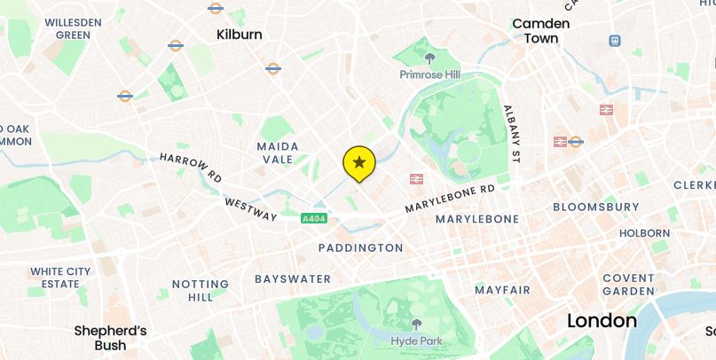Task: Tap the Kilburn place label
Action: [240, 35]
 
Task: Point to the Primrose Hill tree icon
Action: [430, 58]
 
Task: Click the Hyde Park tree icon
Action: [415, 325]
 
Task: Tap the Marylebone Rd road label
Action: [450, 198]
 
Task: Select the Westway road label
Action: [251, 209]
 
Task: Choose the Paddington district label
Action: [360, 247]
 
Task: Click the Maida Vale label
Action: [278, 153]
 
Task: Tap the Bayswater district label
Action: [293, 278]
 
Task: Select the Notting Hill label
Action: [200, 290]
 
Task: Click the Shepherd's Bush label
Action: [110, 338]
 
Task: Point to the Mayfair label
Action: [502, 290]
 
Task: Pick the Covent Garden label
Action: [628, 285]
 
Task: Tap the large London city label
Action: [602, 320]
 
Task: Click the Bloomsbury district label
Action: [595, 207]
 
